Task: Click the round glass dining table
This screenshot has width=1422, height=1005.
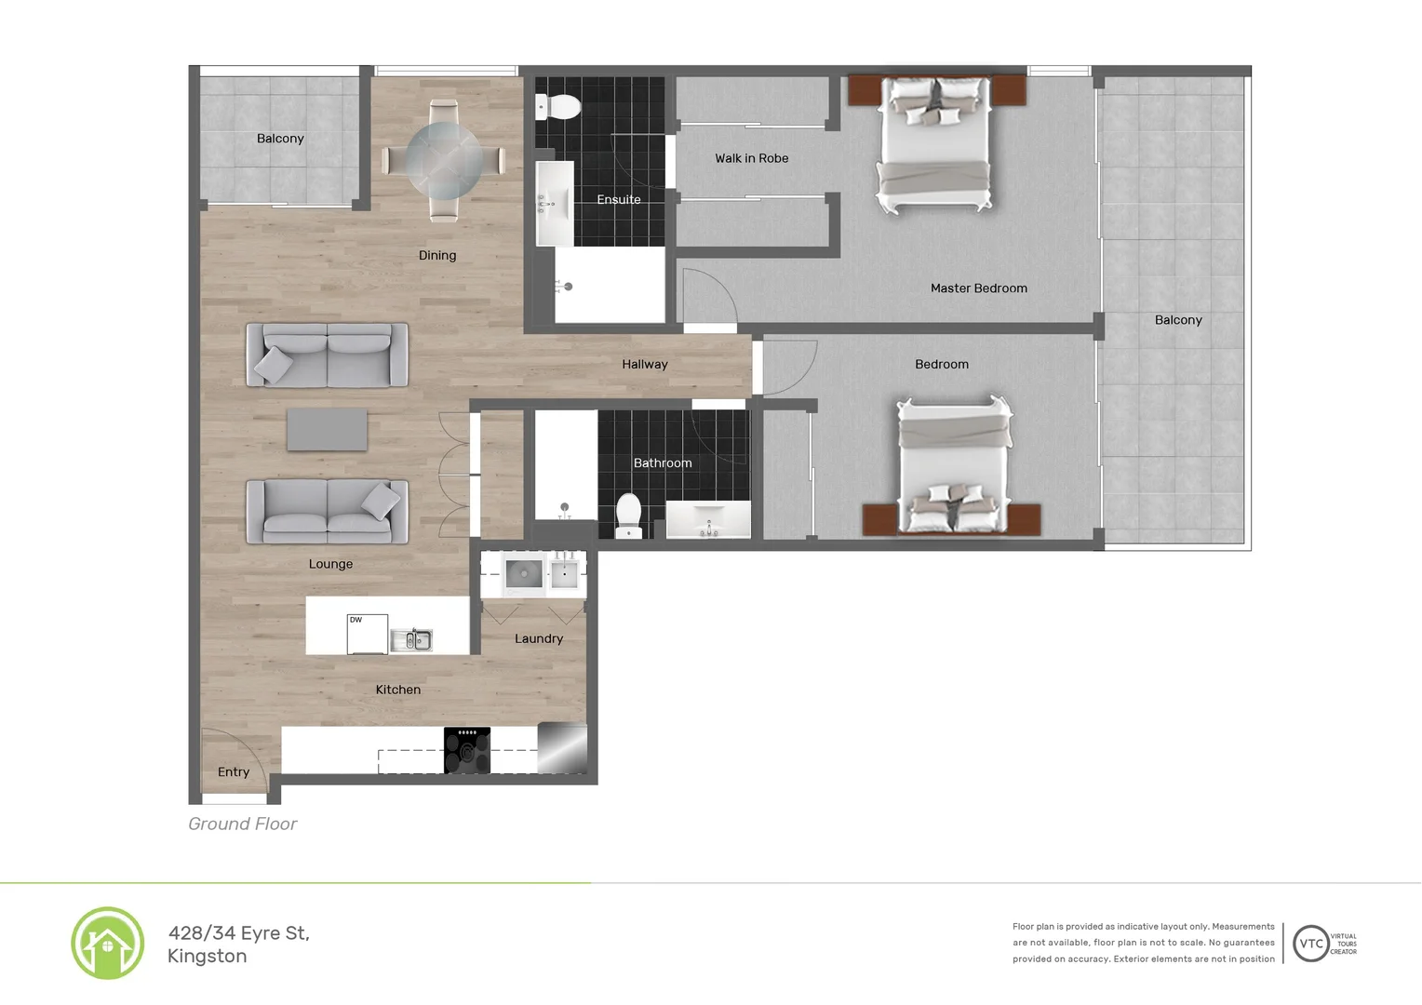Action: tap(444, 160)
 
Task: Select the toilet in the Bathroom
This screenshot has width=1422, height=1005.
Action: tap(629, 515)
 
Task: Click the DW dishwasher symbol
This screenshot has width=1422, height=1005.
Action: tap(367, 634)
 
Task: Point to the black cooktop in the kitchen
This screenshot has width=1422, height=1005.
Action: tap(467, 750)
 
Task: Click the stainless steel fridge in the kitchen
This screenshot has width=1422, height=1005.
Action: tap(562, 748)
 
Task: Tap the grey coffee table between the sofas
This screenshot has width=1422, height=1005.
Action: tap(327, 430)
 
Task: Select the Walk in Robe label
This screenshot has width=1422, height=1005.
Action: tap(751, 158)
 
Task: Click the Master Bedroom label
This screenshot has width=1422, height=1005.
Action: tap(978, 288)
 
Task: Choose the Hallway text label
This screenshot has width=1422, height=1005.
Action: tap(645, 365)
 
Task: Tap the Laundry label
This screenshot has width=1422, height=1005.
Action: tap(539, 639)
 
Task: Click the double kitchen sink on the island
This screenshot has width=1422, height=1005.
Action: tap(411, 639)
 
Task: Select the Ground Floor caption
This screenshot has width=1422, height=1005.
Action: tap(243, 824)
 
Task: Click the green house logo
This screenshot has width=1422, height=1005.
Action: tap(108, 944)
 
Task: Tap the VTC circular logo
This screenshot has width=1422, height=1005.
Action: tap(1310, 944)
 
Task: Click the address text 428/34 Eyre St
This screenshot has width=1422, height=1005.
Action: tap(239, 933)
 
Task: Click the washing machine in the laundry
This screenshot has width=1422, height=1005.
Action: tap(524, 574)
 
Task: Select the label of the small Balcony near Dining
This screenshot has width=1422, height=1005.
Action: tap(280, 139)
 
